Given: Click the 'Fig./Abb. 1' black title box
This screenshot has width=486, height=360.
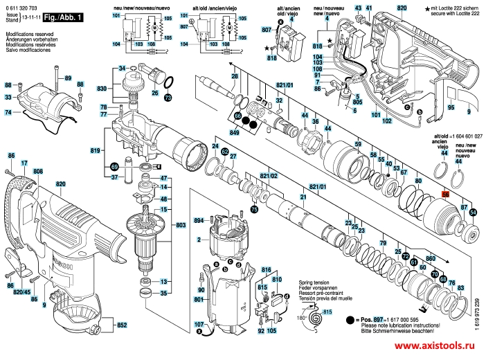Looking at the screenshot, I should click(x=63, y=17).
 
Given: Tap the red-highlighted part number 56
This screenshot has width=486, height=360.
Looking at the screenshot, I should click(x=445, y=196).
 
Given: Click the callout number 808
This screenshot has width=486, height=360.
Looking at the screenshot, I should click(x=37, y=171).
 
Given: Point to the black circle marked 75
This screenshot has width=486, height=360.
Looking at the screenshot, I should click(x=254, y=209).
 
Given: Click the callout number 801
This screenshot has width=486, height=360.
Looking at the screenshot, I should click(x=200, y=298).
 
